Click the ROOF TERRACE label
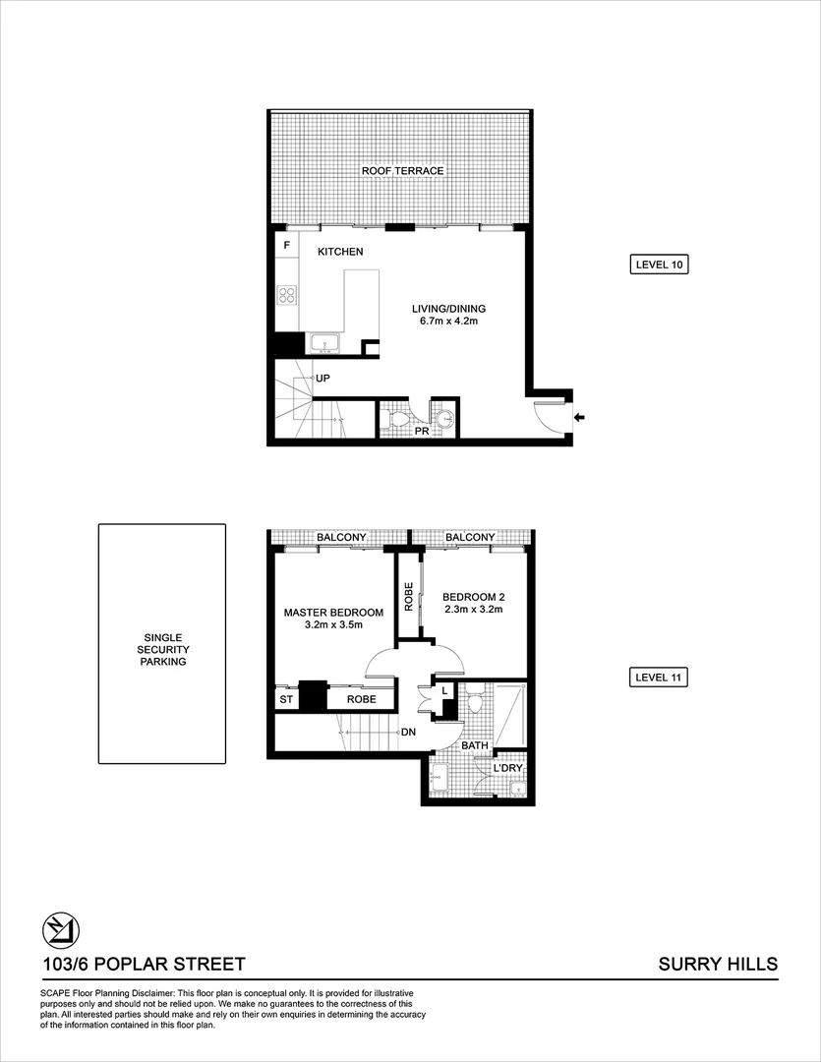pyautogui.click(x=402, y=171)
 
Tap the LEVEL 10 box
pyautogui.click(x=659, y=265)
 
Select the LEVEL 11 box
pyautogui.click(x=659, y=678)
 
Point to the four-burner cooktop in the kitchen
pyautogui.click(x=288, y=294)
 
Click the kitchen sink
pyautogui.click(x=324, y=343)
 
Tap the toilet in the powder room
pyautogui.click(x=399, y=420)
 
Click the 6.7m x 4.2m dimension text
pyautogui.click(x=448, y=321)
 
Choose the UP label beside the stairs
pyautogui.click(x=323, y=378)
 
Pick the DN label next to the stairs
pyautogui.click(x=408, y=733)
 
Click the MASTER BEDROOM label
pyautogui.click(x=333, y=613)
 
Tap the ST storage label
pyautogui.click(x=286, y=699)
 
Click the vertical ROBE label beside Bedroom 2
pyautogui.click(x=408, y=598)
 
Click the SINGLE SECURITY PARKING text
pyautogui.click(x=162, y=649)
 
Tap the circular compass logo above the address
pyautogui.click(x=61, y=929)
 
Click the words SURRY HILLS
pyautogui.click(x=717, y=965)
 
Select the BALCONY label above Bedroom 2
pyautogui.click(x=470, y=537)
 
